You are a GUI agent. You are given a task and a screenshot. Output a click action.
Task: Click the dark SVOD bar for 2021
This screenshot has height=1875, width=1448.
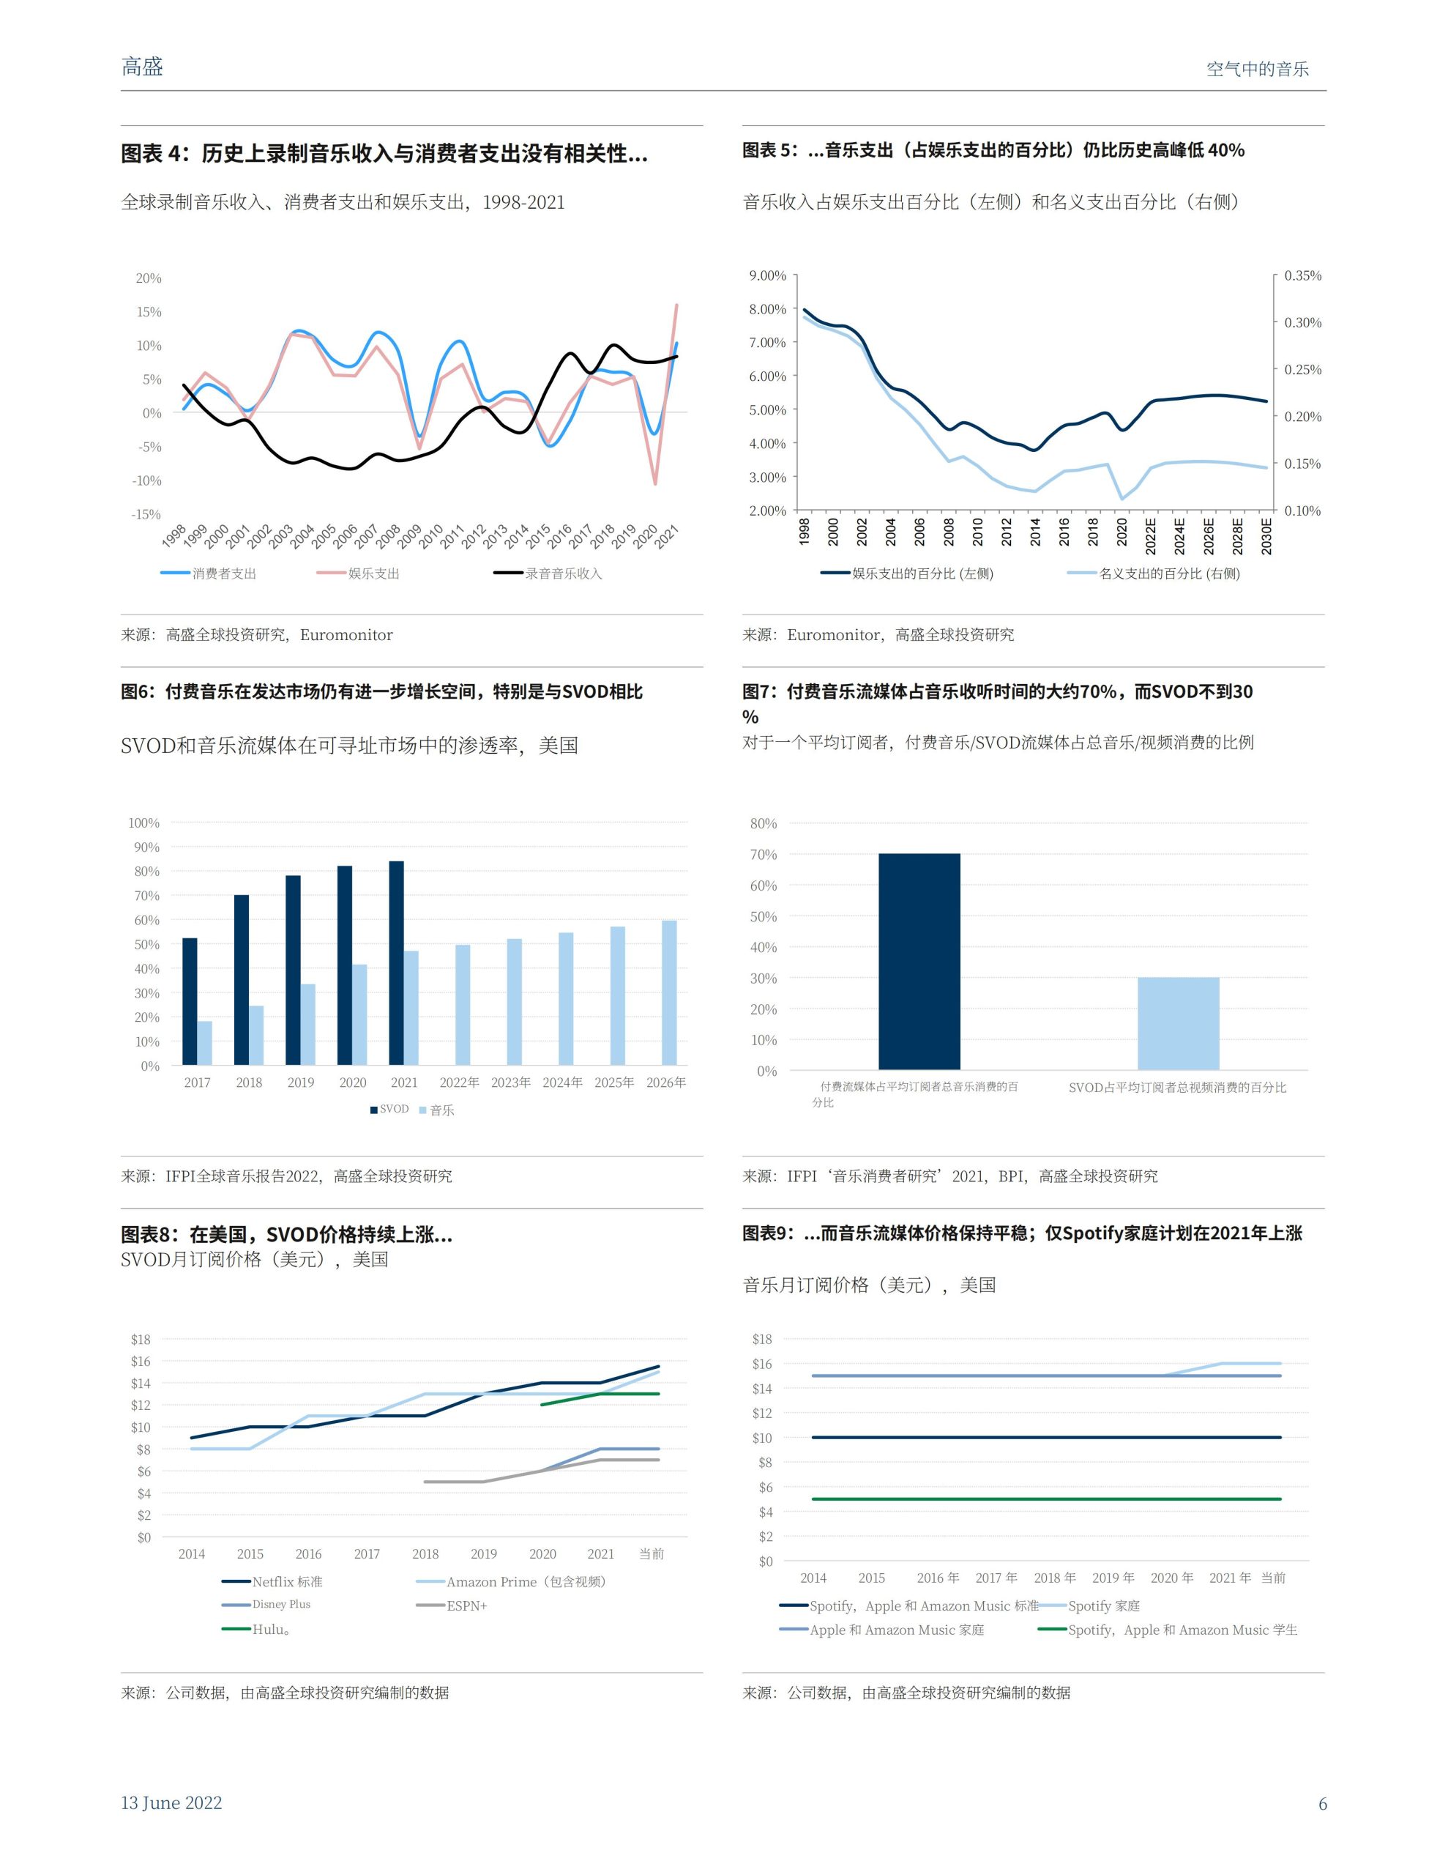[x=396, y=962]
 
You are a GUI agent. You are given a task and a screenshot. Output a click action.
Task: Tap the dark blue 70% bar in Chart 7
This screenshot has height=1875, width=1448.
[x=919, y=961]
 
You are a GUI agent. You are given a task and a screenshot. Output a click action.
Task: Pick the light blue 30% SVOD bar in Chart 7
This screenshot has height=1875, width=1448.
[x=1178, y=1022]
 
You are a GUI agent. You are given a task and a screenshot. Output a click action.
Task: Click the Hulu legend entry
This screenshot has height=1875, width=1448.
[x=269, y=1629]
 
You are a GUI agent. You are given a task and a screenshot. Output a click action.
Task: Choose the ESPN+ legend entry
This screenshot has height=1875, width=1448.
[x=466, y=1605]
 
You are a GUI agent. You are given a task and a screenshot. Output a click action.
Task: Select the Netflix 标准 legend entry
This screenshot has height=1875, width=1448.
[x=287, y=1581]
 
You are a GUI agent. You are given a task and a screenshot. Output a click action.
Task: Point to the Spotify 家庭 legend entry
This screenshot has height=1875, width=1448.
[x=1103, y=1605]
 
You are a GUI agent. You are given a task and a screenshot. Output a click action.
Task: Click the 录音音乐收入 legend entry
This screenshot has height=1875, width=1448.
[x=562, y=573]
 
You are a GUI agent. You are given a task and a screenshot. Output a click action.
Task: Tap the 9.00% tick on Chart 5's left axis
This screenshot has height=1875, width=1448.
[x=767, y=275]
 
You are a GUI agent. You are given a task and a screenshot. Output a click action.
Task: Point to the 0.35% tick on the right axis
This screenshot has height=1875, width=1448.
[x=1302, y=275]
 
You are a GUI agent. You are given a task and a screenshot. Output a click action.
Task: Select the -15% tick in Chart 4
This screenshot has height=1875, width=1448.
[x=146, y=514]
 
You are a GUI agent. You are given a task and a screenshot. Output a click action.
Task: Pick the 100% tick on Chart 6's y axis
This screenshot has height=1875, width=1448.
[x=143, y=823]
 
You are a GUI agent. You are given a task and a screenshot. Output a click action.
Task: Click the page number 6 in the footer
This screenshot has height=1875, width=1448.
[x=1322, y=1803]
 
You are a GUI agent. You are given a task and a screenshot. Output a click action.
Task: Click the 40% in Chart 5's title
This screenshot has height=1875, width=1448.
[x=1225, y=150]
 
